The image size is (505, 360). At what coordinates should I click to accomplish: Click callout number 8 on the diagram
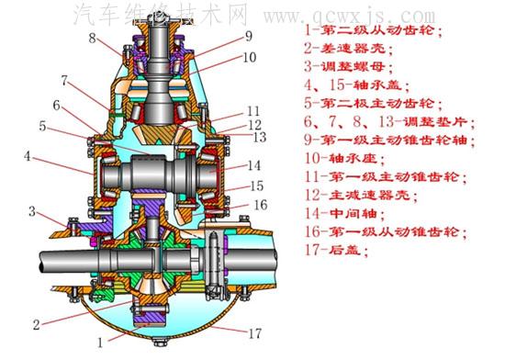coord(93,39)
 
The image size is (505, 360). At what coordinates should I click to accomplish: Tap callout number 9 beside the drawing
coord(249,36)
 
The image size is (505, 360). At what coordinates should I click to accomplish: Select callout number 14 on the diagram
coord(253,165)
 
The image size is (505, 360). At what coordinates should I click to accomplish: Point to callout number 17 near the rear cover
coord(254,333)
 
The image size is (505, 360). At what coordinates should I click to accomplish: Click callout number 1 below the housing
coord(100,343)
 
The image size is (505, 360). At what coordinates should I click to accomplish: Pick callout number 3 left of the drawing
coord(32,211)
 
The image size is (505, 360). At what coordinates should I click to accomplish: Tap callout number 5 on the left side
coord(42,126)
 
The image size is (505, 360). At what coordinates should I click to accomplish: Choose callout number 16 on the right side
coord(261,205)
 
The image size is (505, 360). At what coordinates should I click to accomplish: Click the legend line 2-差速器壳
coord(349,49)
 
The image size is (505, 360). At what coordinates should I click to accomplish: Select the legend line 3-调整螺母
coord(349,66)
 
